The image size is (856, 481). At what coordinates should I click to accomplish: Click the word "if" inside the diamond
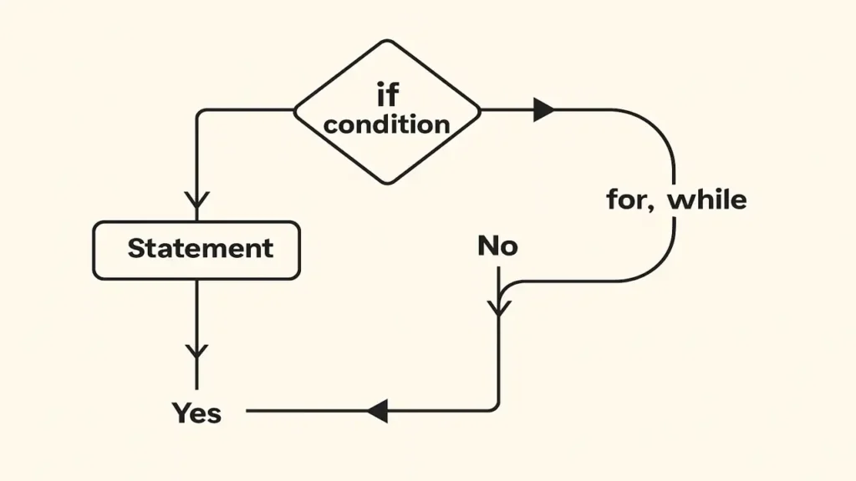pyautogui.click(x=387, y=95)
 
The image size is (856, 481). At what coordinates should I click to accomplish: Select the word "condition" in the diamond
pyautogui.click(x=387, y=125)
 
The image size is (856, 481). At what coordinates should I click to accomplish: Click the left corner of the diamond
pyautogui.click(x=294, y=110)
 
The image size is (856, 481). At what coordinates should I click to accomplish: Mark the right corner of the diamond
pyautogui.click(x=481, y=110)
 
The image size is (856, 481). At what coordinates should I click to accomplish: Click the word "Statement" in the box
pyautogui.click(x=200, y=248)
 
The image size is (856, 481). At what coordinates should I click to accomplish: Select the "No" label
pyautogui.click(x=497, y=246)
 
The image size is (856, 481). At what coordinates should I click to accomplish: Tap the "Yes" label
pyautogui.click(x=197, y=412)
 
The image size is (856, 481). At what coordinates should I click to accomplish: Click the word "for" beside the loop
pyautogui.click(x=624, y=200)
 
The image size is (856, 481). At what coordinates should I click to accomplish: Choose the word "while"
pyautogui.click(x=706, y=200)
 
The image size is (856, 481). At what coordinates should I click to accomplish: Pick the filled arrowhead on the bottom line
pyautogui.click(x=377, y=410)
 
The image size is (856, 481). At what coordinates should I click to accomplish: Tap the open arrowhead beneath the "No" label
pyautogui.click(x=499, y=305)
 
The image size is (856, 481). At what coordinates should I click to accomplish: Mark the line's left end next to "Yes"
pyautogui.click(x=248, y=410)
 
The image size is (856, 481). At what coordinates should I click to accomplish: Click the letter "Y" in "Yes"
pyautogui.click(x=181, y=412)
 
